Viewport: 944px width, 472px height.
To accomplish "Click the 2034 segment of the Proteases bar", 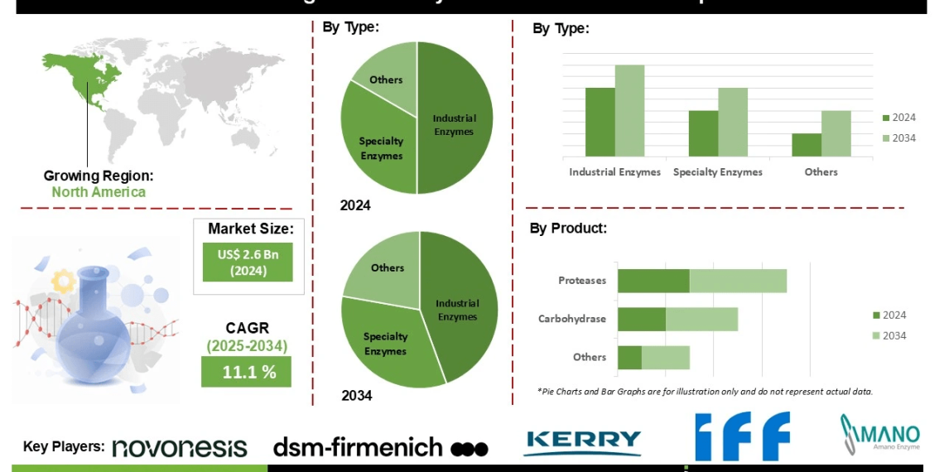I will point(738,280).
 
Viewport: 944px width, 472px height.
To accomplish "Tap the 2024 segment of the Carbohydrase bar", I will point(642,319).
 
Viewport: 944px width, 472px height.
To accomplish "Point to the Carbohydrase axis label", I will point(571,319).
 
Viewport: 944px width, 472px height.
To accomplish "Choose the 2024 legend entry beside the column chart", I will point(898,118).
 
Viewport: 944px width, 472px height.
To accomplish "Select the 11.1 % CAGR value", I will point(247,372).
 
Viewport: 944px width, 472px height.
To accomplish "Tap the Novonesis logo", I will point(180,447).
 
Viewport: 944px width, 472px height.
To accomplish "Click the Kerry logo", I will point(582,443).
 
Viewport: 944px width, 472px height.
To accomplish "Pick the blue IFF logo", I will point(742,436).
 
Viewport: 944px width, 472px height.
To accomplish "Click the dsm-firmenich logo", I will point(380,448).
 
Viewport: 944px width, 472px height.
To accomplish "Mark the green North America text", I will point(99,192).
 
